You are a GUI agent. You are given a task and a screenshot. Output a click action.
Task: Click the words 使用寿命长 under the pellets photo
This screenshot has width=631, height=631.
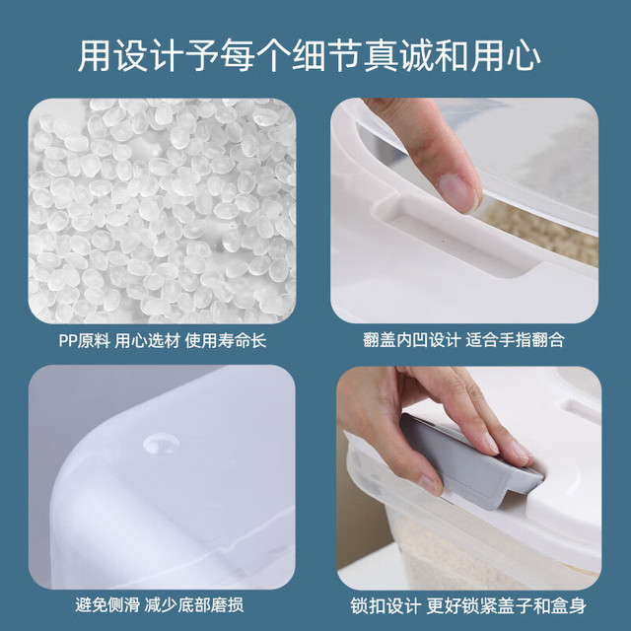click(x=226, y=341)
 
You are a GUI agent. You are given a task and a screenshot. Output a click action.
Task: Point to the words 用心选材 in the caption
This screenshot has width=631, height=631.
click(x=147, y=341)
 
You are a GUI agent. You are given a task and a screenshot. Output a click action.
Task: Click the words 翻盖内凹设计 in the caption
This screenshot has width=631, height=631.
click(x=411, y=340)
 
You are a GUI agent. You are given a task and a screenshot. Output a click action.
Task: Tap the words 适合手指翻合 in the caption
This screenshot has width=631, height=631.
click(x=515, y=340)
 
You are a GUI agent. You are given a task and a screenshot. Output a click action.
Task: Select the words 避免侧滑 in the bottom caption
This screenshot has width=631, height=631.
click(x=107, y=604)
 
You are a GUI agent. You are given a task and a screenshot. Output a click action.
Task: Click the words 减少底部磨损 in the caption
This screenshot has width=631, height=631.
click(x=194, y=604)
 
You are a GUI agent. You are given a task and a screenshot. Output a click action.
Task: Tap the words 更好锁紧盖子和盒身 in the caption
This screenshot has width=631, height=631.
click(x=506, y=605)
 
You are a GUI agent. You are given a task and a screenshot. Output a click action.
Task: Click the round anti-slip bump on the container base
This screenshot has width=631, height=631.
click(x=162, y=443)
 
